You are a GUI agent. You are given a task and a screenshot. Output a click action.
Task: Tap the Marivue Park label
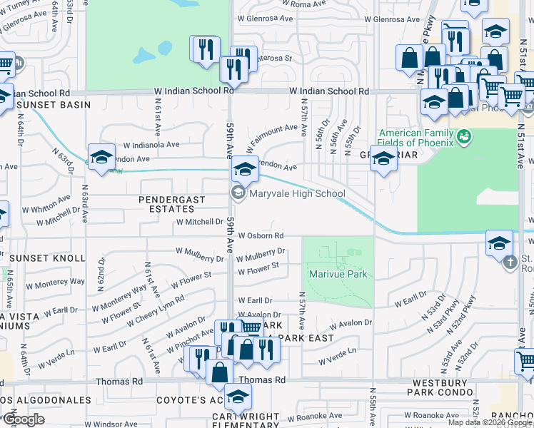coord(337,274)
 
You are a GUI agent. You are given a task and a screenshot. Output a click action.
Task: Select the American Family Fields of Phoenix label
coord(416,135)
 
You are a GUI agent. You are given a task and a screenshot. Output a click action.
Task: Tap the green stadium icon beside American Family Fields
coord(464,135)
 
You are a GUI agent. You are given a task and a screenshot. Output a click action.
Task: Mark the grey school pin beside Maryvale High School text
coord(237,193)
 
